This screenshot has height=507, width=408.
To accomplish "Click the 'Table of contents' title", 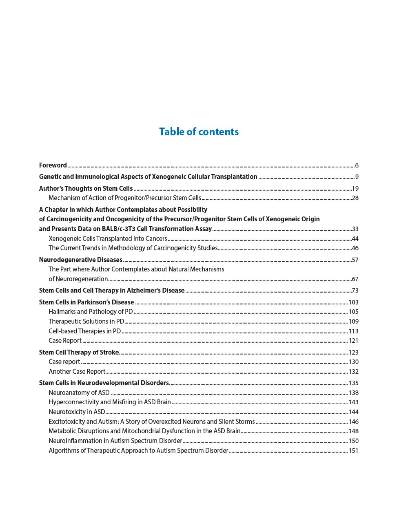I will [199, 132].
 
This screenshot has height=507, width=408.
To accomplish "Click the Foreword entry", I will [53, 165].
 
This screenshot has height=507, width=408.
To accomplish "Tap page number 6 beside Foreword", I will [357, 165].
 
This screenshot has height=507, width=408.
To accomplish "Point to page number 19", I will [355, 189].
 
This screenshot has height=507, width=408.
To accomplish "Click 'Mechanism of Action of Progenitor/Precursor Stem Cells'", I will [125, 198].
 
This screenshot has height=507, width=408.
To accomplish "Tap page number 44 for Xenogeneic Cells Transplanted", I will [355, 239].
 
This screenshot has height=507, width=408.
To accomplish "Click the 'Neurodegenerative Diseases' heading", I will [81, 260].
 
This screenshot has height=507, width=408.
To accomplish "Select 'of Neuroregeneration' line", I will [78, 279].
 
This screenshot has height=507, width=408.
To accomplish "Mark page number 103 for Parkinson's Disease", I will [353, 302].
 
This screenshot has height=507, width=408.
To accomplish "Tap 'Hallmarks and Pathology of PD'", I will [91, 312].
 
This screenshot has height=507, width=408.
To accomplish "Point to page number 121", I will [353, 341].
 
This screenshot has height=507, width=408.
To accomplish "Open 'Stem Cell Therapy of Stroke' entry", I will [79, 352].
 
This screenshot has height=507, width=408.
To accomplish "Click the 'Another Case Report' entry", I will [77, 372].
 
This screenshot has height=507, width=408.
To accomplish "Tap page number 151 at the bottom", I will [353, 451].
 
